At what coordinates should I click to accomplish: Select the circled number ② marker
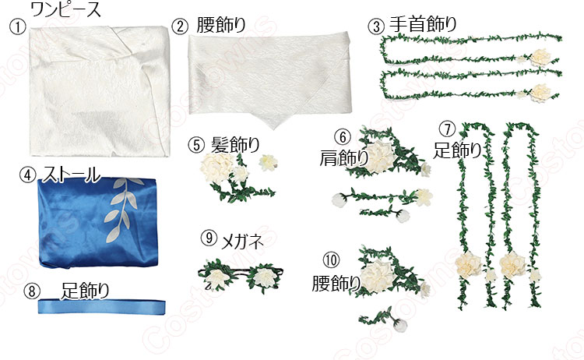(180, 25)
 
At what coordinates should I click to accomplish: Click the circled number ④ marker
(27, 175)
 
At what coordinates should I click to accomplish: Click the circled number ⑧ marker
(32, 291)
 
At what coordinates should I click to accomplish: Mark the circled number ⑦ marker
(446, 128)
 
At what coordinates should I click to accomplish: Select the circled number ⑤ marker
(195, 144)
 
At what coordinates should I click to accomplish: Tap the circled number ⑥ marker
(341, 138)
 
